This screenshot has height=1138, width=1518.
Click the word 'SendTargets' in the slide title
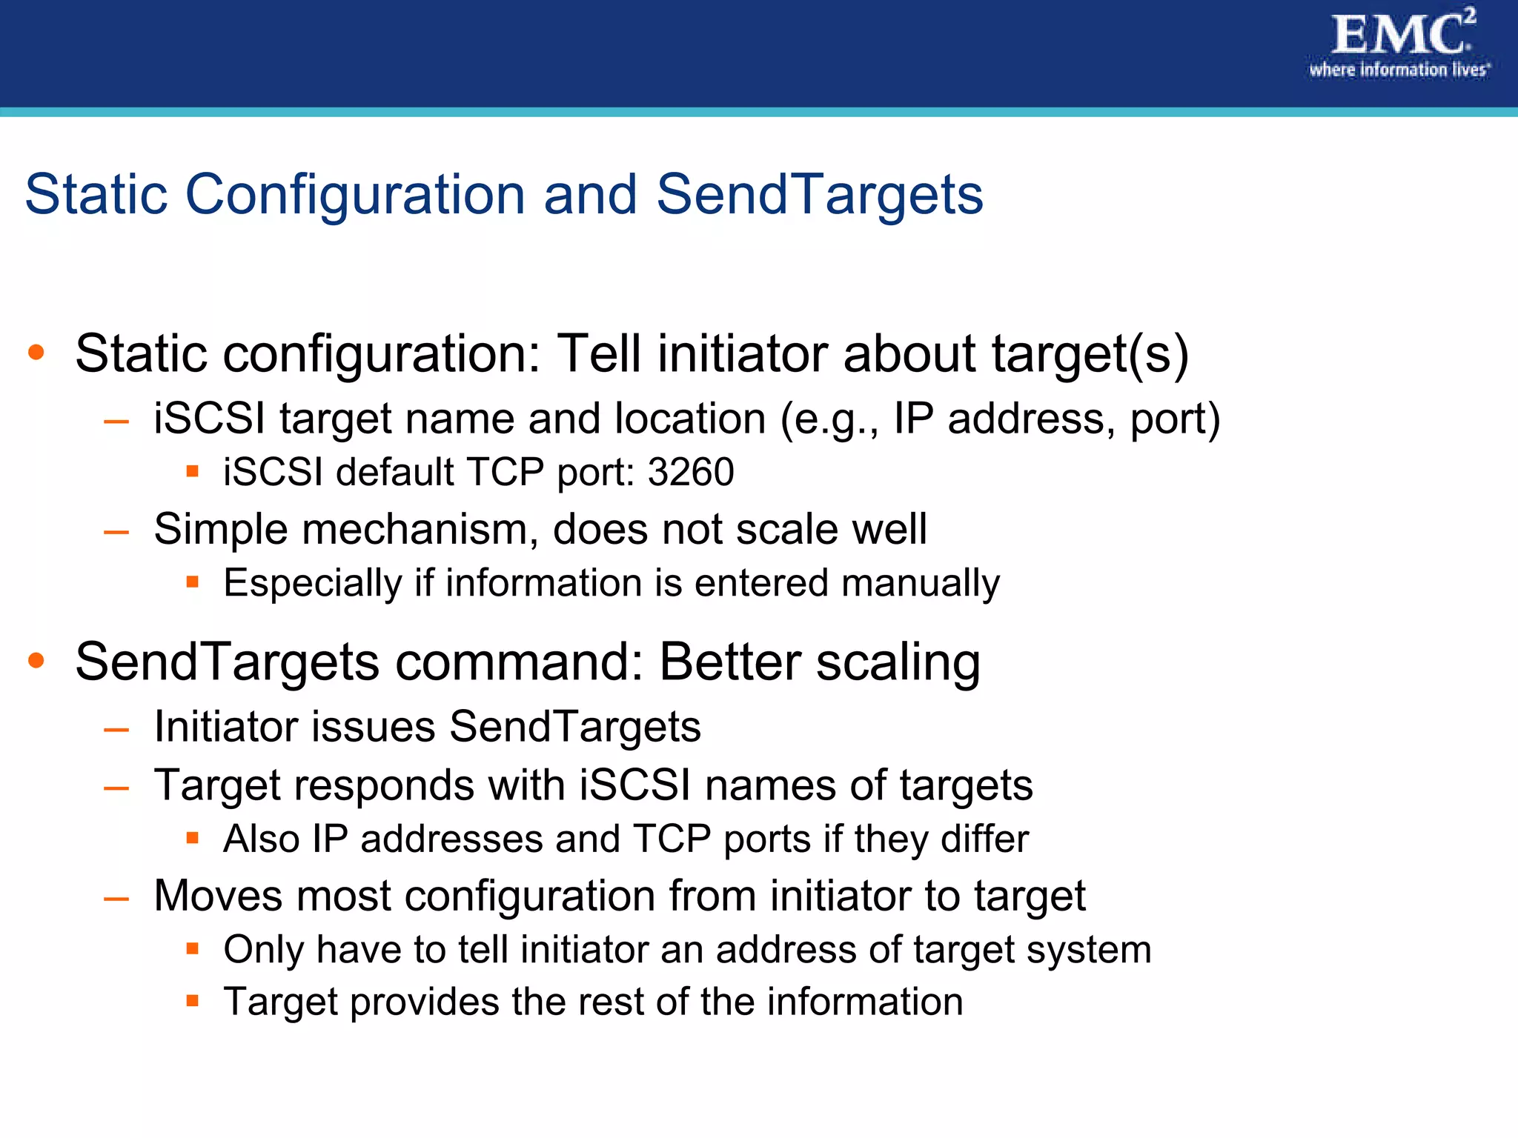click(x=819, y=195)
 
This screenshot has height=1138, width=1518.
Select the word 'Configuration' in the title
click(x=355, y=195)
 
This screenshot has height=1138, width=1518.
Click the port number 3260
click(x=690, y=472)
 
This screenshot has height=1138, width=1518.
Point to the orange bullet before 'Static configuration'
click(x=36, y=352)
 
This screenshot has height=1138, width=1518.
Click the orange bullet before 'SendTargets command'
click(x=36, y=660)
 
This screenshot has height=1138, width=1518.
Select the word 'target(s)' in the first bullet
click(x=1090, y=353)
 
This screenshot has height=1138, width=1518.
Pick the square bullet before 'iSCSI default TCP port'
click(x=193, y=471)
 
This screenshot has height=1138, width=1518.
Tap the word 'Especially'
click(x=312, y=583)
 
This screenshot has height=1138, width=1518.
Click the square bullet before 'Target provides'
click(x=193, y=1001)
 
